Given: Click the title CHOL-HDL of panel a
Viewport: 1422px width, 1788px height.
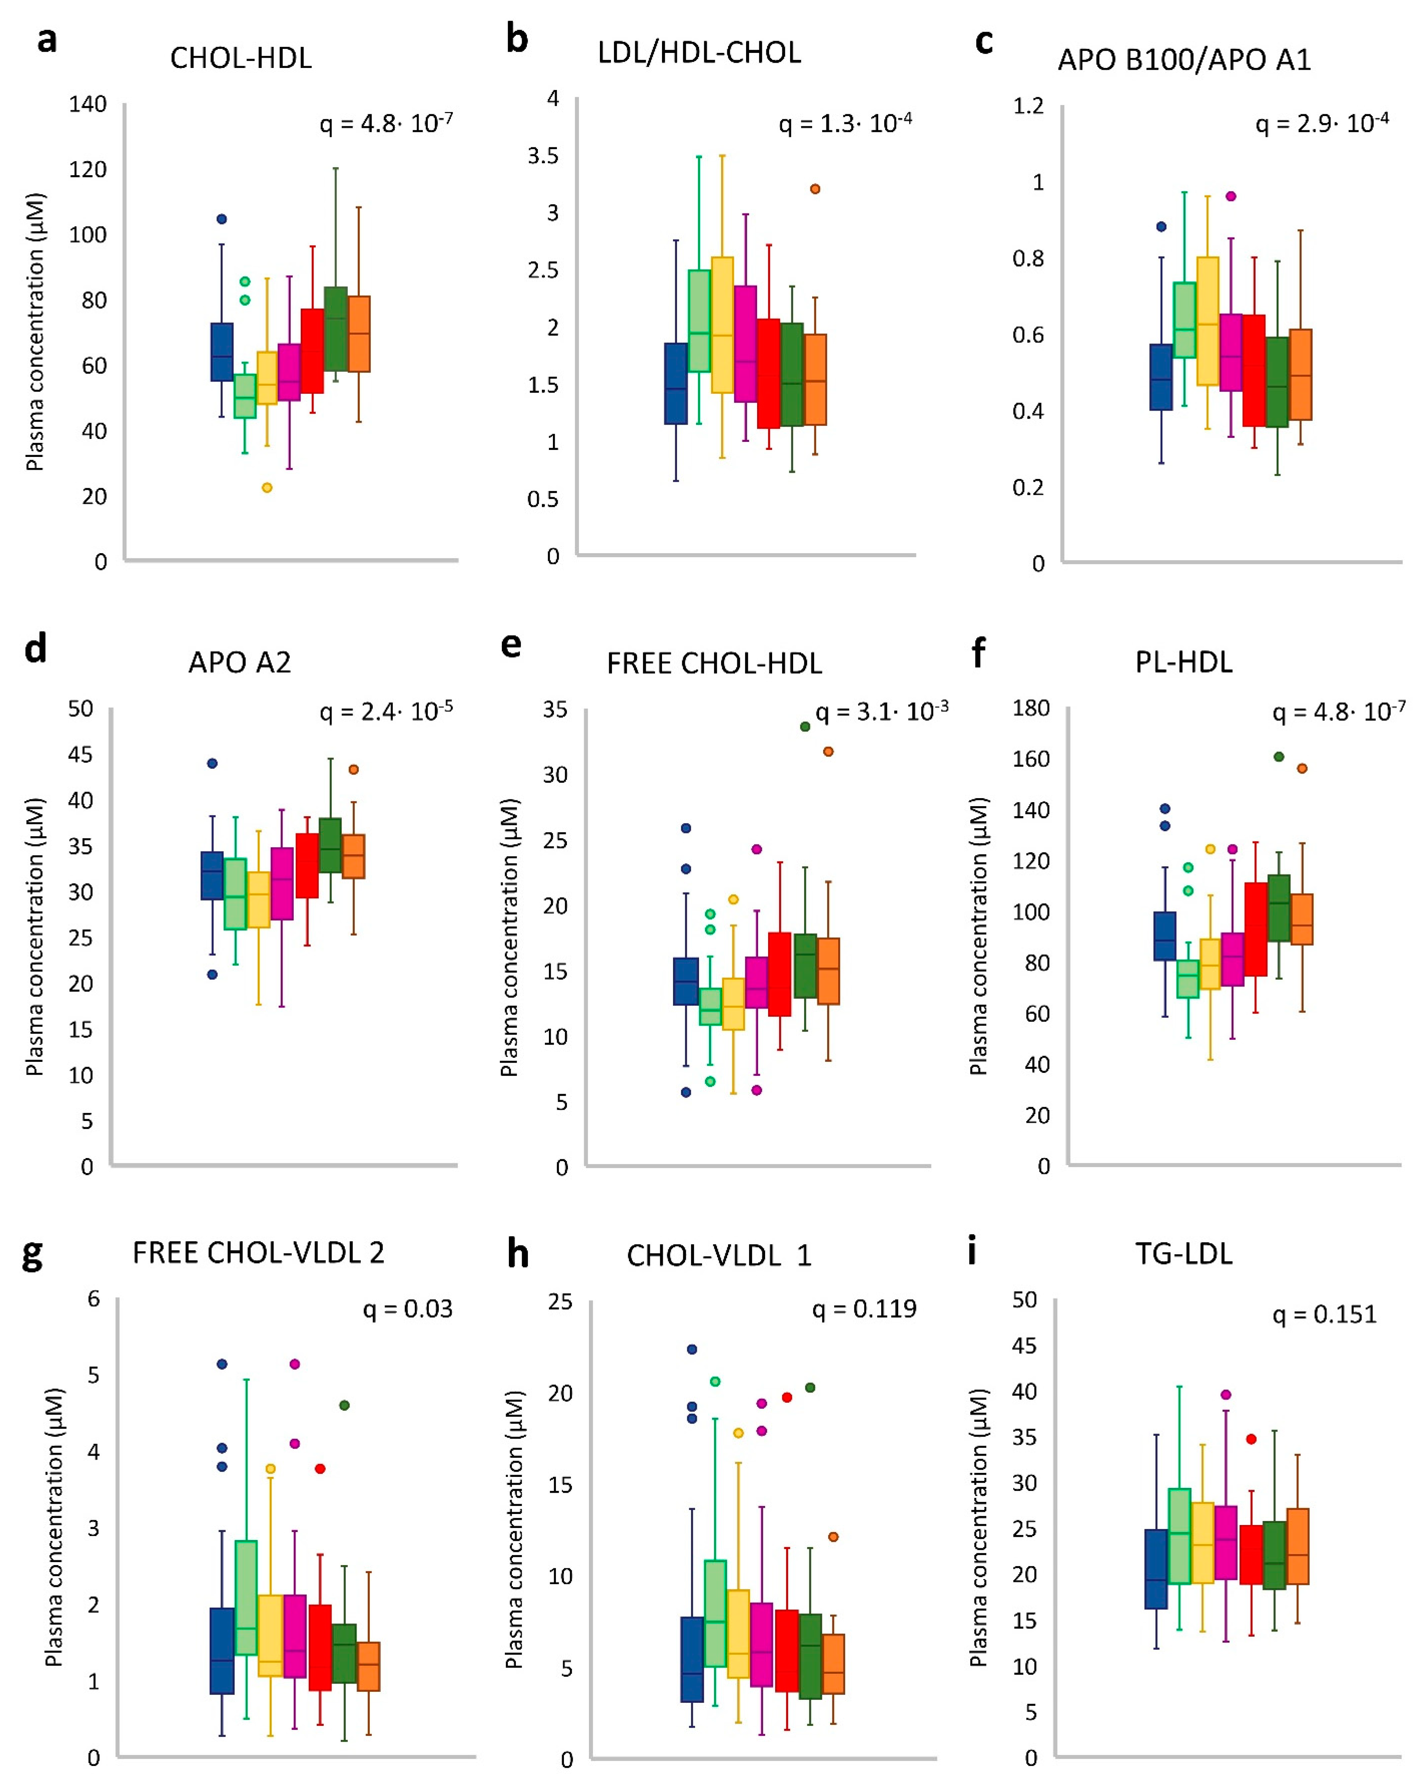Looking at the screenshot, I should coord(240,58).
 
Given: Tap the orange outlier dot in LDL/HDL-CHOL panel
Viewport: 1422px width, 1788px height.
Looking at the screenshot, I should coord(815,189).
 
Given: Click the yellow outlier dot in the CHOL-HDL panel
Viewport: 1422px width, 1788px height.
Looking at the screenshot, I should coord(267,488).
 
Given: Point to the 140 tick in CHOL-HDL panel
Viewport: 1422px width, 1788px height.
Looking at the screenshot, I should coord(88,104).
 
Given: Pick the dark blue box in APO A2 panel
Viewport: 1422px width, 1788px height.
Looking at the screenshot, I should coord(212,876).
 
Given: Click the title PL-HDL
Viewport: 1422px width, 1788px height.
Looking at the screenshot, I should coord(1183,662).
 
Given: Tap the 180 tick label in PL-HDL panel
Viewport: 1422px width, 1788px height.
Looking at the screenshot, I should coord(1031,708).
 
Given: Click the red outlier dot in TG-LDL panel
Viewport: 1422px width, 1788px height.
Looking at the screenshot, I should coord(1251,1439).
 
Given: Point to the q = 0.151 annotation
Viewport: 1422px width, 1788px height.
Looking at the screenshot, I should coord(1324,1315).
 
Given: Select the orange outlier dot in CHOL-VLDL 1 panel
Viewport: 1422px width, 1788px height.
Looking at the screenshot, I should coord(833,1537).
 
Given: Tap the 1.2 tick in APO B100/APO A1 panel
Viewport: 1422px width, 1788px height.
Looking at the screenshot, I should coord(1028,106).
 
